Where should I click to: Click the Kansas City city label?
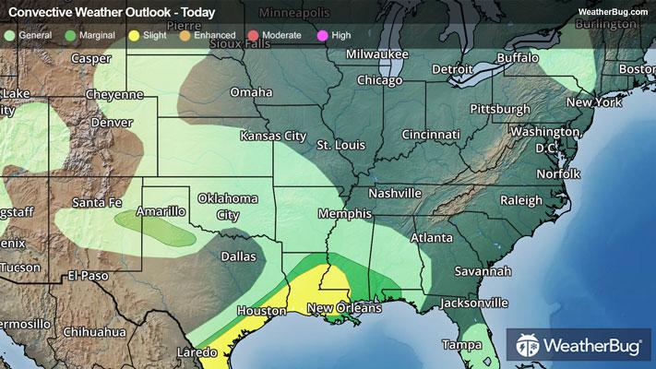(272, 136)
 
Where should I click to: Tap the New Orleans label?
(344, 308)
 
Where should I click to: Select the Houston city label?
(261, 311)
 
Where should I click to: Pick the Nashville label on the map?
(395, 194)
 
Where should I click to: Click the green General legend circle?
(9, 35)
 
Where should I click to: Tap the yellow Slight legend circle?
(134, 35)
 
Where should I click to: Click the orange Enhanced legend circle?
(185, 35)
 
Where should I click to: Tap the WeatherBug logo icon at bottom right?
(528, 347)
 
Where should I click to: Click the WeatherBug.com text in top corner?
(613, 11)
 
